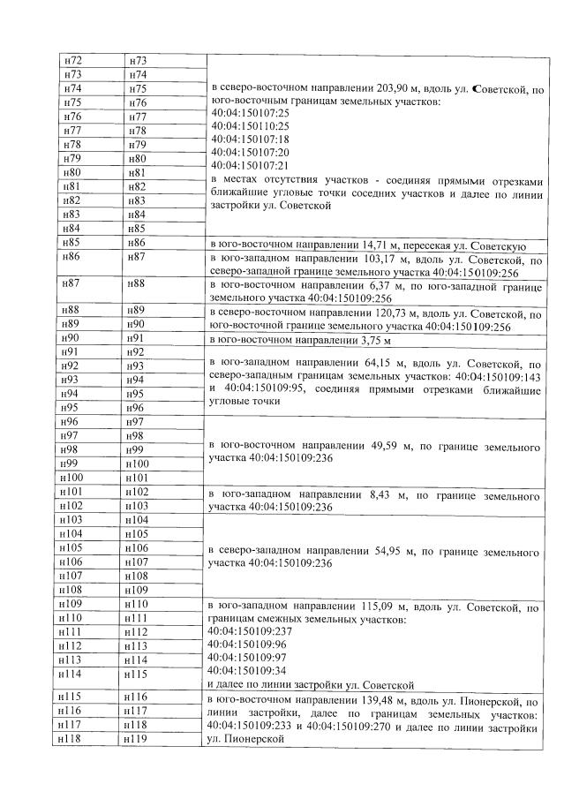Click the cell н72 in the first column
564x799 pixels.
pos(74,60)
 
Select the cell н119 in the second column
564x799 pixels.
pos(137,738)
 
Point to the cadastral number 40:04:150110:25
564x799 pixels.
pos(251,126)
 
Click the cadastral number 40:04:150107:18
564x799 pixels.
pos(251,139)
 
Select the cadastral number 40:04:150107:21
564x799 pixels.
pos(251,164)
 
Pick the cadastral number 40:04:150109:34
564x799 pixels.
pos(251,670)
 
